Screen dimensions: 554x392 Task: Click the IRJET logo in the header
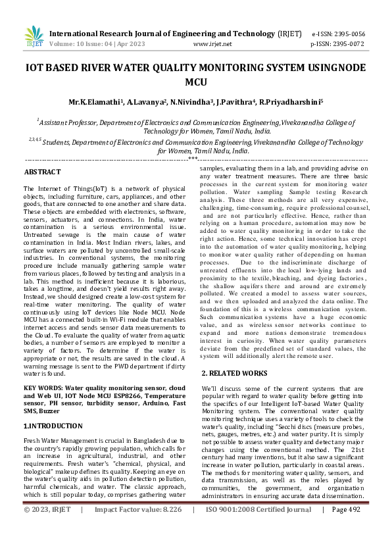31,37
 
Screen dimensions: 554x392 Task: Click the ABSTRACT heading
42,172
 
